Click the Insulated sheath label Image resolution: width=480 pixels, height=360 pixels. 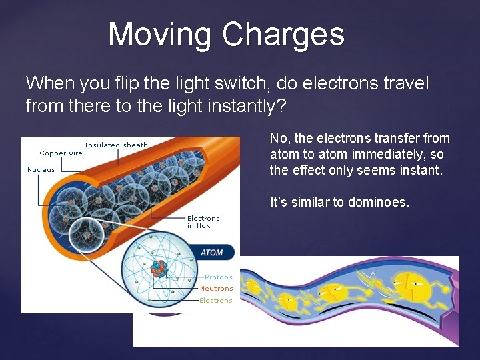pyautogui.click(x=116, y=145)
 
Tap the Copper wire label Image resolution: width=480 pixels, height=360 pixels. pyautogui.click(x=61, y=153)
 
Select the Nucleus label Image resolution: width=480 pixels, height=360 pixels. pyautogui.click(x=41, y=169)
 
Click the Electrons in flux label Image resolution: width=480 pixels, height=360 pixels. pyautogui.click(x=203, y=222)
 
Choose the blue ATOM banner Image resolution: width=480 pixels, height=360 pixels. pyautogui.click(x=211, y=253)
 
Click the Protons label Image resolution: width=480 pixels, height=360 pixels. pyautogui.click(x=218, y=277)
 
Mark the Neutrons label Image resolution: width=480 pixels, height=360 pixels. pyautogui.click(x=216, y=289)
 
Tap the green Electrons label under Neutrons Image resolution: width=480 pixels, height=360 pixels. pyautogui.click(x=216, y=301)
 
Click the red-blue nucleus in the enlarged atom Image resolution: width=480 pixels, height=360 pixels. pyautogui.click(x=158, y=268)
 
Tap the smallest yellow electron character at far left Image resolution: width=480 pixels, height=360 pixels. pyautogui.click(x=253, y=287)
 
